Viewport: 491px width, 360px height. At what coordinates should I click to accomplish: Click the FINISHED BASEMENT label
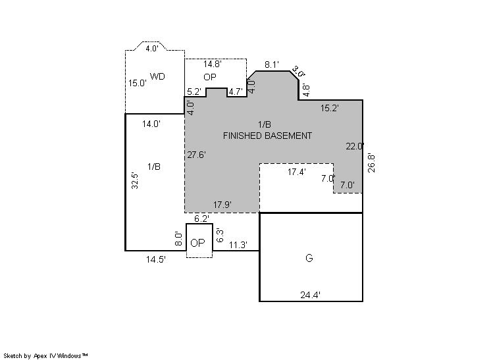pos(267,136)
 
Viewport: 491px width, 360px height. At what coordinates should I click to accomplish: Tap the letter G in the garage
pos(309,258)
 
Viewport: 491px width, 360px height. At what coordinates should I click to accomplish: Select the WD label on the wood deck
pos(157,76)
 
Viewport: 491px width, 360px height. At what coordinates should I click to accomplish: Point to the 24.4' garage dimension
pos(310,295)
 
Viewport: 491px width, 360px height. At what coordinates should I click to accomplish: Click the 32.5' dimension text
pos(135,180)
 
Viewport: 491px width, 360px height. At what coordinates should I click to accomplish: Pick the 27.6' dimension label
pos(197,155)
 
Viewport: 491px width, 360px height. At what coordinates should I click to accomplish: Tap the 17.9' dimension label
pos(222,205)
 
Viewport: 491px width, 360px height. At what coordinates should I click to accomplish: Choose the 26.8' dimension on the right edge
pos(371,163)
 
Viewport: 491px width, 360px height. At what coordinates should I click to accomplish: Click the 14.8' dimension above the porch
pos(213,64)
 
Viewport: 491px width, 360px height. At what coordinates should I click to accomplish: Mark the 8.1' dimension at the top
pos(271,64)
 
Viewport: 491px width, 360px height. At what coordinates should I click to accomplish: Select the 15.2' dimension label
pos(330,109)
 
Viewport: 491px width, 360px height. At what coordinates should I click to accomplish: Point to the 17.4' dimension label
pos(297,172)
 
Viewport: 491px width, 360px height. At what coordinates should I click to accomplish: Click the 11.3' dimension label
pos(238,245)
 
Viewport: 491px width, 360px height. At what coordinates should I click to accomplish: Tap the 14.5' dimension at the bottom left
pos(155,259)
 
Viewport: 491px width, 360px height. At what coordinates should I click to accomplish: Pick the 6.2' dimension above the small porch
pos(201,219)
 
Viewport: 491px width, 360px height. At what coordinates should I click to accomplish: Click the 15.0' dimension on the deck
pos(138,84)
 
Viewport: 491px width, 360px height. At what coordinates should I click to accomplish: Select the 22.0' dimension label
pos(355,146)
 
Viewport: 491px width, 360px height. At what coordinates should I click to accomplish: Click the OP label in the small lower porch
pos(197,243)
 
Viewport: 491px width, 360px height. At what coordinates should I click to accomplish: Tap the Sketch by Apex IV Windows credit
pos(45,355)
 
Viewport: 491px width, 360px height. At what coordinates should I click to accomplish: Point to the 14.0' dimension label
pos(151,124)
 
